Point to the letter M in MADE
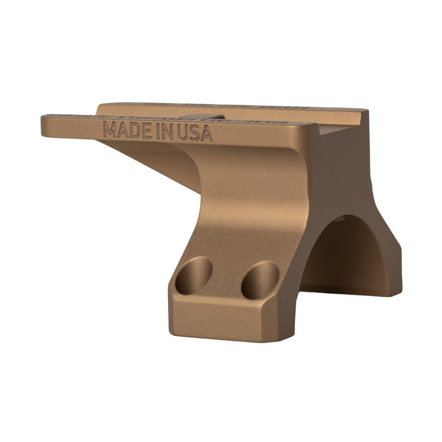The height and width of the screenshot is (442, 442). click(109, 129)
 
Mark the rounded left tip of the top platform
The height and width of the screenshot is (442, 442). click(48, 126)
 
